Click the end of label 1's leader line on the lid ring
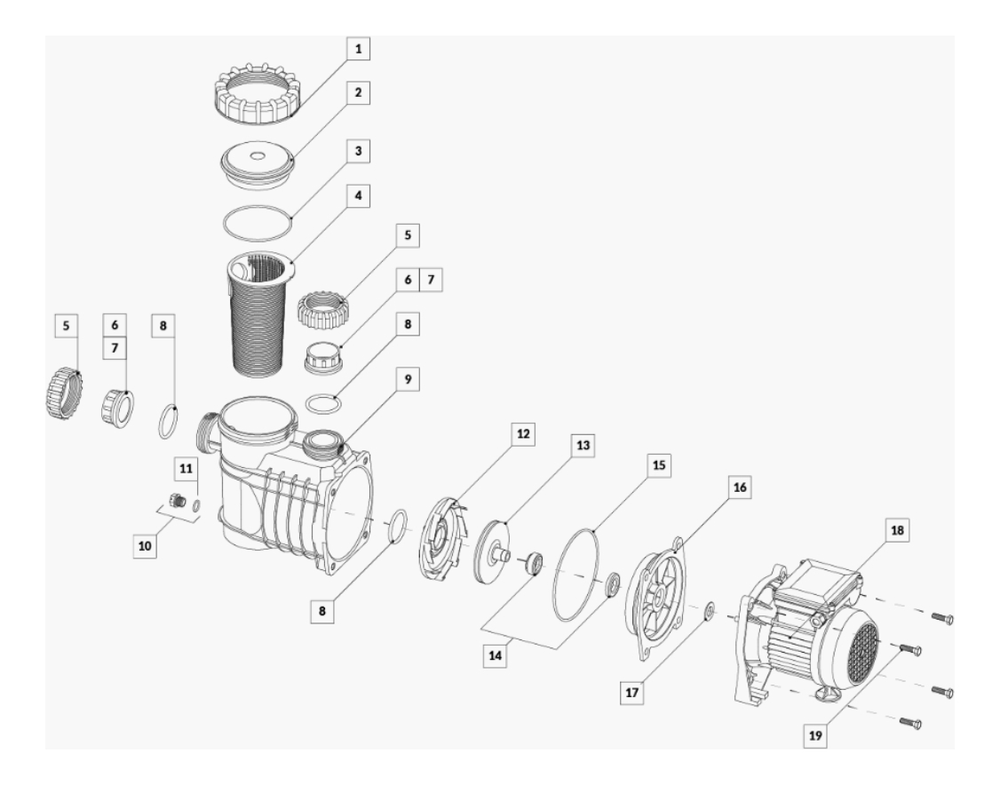pos(292,115)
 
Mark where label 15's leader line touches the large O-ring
pos(593,530)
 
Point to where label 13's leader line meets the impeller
pos(506,524)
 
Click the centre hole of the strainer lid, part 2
pos(257,155)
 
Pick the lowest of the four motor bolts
pos(910,723)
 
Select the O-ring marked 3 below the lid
pos(258,223)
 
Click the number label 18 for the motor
pos(897,530)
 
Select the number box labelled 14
pos(496,655)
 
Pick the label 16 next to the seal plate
pos(739,488)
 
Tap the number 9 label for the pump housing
pos(409,379)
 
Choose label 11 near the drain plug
pos(186,469)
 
